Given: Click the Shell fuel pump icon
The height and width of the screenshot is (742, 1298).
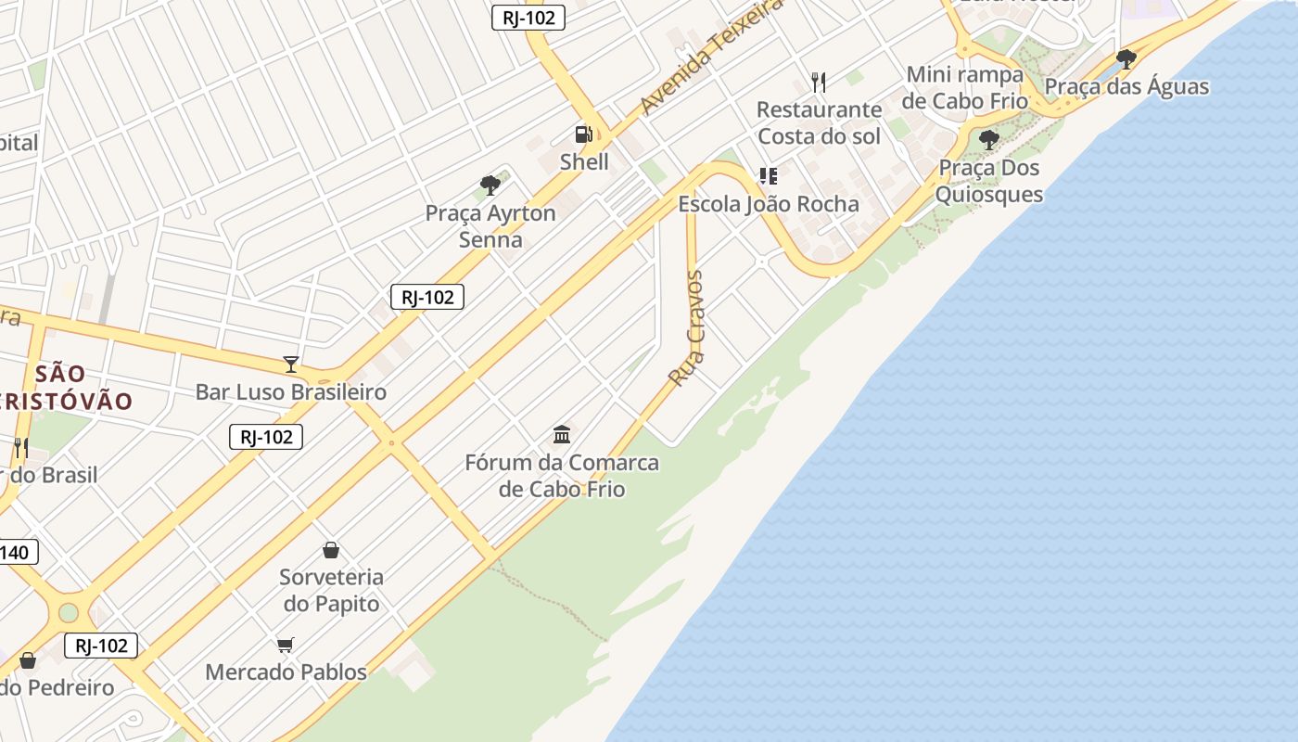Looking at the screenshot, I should click(x=583, y=134).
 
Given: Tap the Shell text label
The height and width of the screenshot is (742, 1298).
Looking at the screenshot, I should click(x=584, y=162).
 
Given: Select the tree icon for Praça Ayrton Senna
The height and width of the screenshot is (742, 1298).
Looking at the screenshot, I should click(x=490, y=185).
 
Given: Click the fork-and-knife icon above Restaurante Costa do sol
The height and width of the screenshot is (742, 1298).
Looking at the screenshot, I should click(x=819, y=83).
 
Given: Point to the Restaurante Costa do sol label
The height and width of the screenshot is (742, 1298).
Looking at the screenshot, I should click(x=819, y=122).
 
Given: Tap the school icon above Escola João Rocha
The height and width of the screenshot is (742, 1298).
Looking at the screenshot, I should click(x=768, y=176).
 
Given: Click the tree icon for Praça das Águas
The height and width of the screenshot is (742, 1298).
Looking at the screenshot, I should click(x=1126, y=59).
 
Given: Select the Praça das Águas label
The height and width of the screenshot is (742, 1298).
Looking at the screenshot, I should click(x=1126, y=87).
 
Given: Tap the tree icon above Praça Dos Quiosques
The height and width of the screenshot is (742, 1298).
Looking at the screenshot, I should click(x=989, y=140).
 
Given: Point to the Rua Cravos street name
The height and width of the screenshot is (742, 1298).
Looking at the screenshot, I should click(x=687, y=328).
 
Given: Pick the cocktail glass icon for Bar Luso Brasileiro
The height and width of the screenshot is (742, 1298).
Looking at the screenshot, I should click(x=291, y=365).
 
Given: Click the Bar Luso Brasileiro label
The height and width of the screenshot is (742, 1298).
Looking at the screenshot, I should click(x=290, y=392).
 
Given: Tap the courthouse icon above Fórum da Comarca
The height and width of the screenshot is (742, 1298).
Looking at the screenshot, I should click(x=562, y=434).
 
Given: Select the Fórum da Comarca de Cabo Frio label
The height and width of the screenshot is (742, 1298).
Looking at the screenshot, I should click(x=562, y=476).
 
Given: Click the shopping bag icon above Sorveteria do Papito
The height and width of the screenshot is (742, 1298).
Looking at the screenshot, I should click(x=331, y=550).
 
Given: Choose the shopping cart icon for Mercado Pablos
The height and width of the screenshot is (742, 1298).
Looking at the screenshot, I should click(x=286, y=645).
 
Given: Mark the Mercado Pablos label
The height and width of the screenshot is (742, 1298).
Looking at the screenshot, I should click(x=286, y=672).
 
